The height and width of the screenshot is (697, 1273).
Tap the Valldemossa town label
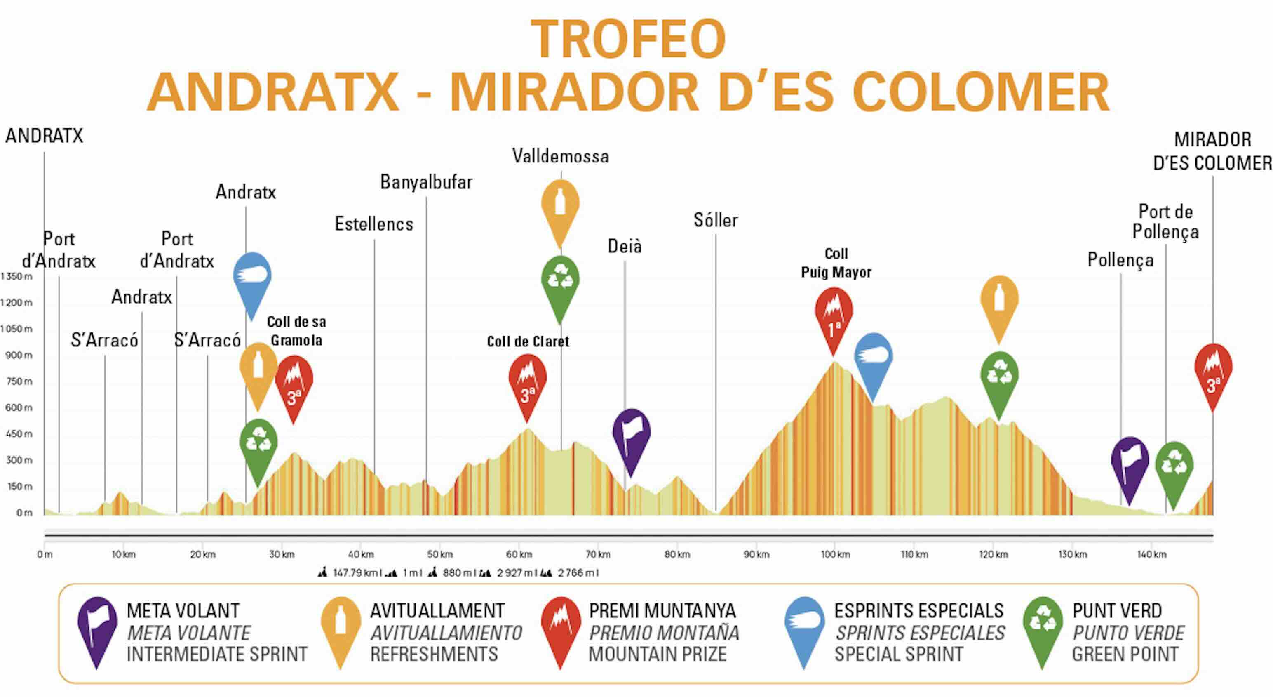tap(560, 157)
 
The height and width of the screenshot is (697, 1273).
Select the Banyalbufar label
tap(426, 182)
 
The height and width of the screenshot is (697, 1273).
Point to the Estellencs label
tap(373, 224)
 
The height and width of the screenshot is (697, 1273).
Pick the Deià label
tap(624, 246)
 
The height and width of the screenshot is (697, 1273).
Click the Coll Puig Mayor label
tap(836, 263)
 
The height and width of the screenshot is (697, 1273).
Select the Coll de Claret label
tap(528, 341)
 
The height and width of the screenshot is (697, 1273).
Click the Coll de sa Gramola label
tap(296, 331)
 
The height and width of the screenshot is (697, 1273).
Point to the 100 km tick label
tap(835, 555)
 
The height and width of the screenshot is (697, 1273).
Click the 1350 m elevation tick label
tap(17, 276)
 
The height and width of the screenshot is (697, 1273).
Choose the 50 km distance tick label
tap(440, 555)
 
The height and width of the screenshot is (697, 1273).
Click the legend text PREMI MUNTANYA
tap(662, 611)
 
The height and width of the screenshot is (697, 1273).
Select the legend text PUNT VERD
tap(1117, 611)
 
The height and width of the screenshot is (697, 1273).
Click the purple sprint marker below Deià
tap(631, 438)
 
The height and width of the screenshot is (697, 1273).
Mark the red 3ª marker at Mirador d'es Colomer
tap(1213, 373)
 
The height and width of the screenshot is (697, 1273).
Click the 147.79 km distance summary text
tap(355, 573)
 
